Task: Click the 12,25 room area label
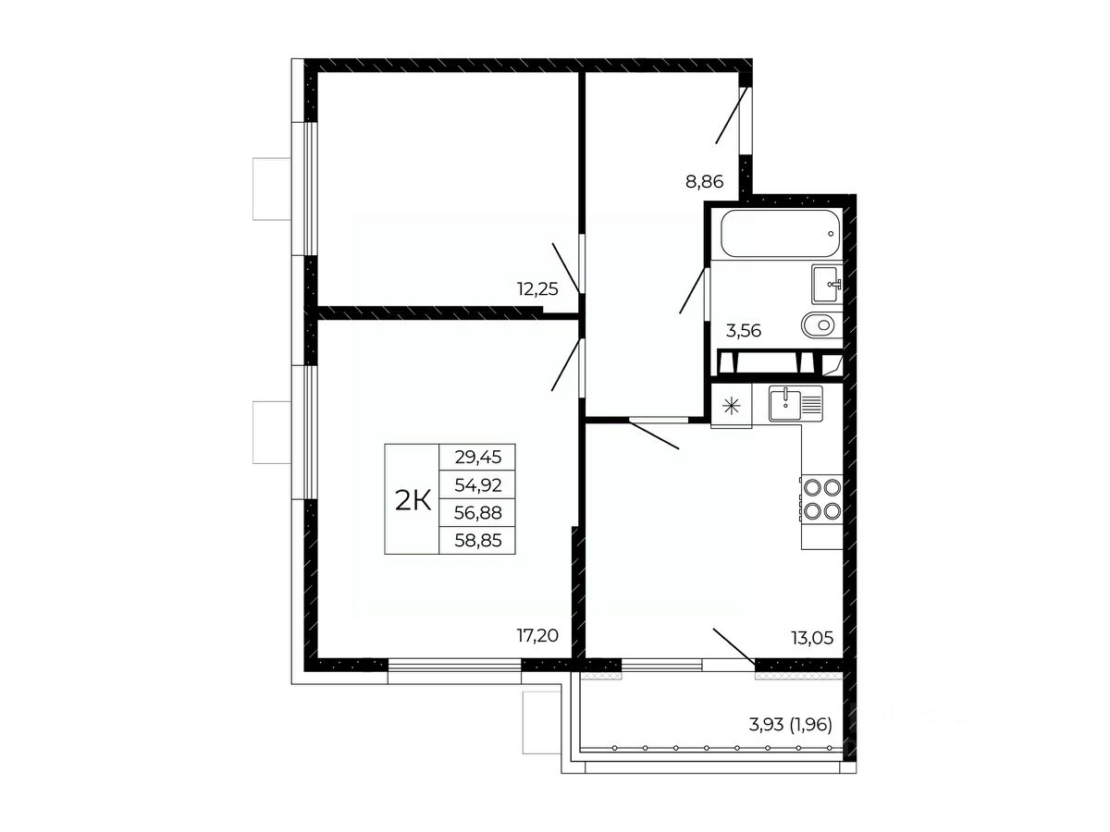pyautogui.click(x=537, y=289)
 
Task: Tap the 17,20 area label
pyautogui.click(x=537, y=635)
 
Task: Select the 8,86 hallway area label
pyautogui.click(x=705, y=181)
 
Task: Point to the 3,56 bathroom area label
pyautogui.click(x=744, y=331)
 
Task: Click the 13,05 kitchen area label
pyautogui.click(x=812, y=638)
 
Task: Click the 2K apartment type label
pyautogui.click(x=413, y=501)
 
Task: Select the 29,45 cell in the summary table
pyautogui.click(x=478, y=458)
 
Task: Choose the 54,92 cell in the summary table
pyautogui.click(x=478, y=485)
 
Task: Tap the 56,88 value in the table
pyautogui.click(x=478, y=513)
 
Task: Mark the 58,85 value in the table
pyautogui.click(x=478, y=541)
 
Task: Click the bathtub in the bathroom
pyautogui.click(x=781, y=233)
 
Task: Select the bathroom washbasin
pyautogui.click(x=827, y=284)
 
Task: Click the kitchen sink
pyautogui.click(x=796, y=404)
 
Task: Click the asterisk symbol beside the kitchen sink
pyautogui.click(x=732, y=407)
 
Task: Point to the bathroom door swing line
pyautogui.click(x=692, y=290)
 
